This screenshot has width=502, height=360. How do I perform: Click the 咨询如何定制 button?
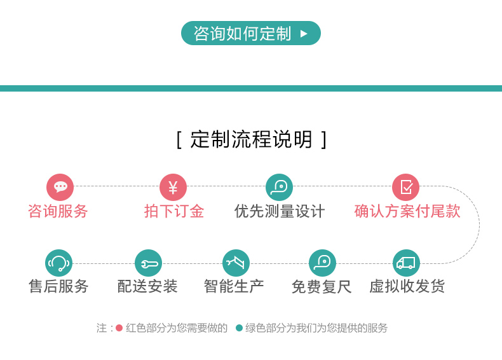coord(250,33)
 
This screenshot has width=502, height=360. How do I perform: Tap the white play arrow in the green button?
coord(304,33)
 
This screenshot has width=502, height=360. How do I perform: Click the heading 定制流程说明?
coord(252,139)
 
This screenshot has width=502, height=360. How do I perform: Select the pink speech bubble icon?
coord(60,187)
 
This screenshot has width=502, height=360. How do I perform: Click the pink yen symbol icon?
coord(173,187)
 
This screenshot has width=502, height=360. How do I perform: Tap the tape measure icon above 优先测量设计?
coord(279,187)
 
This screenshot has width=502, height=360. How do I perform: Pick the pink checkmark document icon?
coord(405,187)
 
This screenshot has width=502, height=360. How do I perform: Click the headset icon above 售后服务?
coord(58,263)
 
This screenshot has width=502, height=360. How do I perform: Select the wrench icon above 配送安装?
coord(148,263)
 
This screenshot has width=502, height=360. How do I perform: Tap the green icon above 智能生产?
coord(236,263)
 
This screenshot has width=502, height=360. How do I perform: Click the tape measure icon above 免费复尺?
coord(322,263)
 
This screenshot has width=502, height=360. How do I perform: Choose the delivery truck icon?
coord(406,263)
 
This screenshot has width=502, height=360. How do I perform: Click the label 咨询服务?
coord(58,211)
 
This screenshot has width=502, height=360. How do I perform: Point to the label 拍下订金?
coord(174,211)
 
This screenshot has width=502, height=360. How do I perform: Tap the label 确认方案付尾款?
coord(407,211)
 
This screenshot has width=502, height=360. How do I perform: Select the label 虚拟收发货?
coord(407,286)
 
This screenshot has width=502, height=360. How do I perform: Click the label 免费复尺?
coord(322,286)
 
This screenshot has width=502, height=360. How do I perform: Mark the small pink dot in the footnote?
coord(119,328)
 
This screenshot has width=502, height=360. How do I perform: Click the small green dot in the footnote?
coord(239,328)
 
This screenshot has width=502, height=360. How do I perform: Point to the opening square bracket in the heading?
coord(179,140)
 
